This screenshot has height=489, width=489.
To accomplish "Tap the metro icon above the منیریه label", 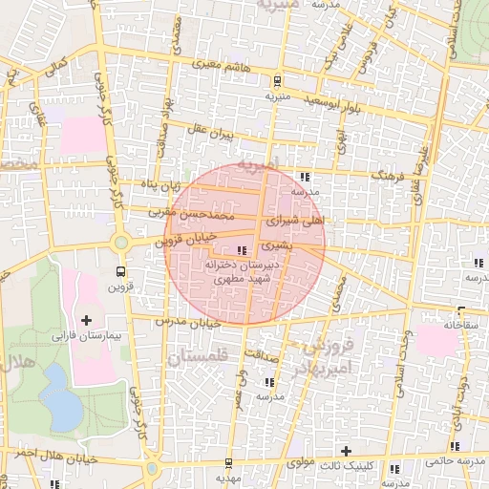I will (x=277, y=81).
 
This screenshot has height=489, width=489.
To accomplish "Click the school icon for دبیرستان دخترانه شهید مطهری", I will (x=240, y=250).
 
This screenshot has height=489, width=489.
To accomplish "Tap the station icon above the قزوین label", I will (x=120, y=270).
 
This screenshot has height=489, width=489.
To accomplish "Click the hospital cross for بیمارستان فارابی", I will (x=87, y=319).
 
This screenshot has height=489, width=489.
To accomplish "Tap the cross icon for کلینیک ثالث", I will (x=346, y=450).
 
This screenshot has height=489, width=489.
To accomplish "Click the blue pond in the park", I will (x=61, y=401).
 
